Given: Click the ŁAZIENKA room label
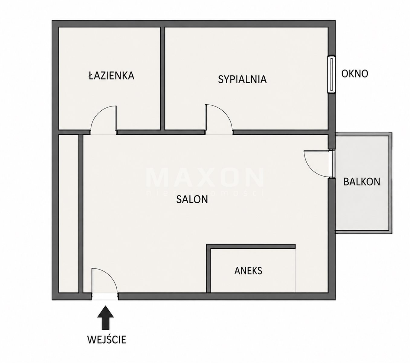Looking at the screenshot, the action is [x=111, y=75].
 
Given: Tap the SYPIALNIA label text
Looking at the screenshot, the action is [x=242, y=79].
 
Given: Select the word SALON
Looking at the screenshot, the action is [x=192, y=199].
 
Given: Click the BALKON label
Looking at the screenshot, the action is [x=362, y=182].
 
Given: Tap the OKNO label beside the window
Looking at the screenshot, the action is [x=355, y=74].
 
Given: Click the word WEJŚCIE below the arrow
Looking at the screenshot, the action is [x=107, y=339].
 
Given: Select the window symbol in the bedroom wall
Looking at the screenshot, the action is [x=331, y=74].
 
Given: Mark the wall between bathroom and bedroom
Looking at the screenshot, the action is [x=163, y=78].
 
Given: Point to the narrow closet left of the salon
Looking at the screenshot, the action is [x=68, y=214].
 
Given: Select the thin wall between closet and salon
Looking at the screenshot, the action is [x=81, y=214].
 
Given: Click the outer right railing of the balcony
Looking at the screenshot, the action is [x=390, y=183].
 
